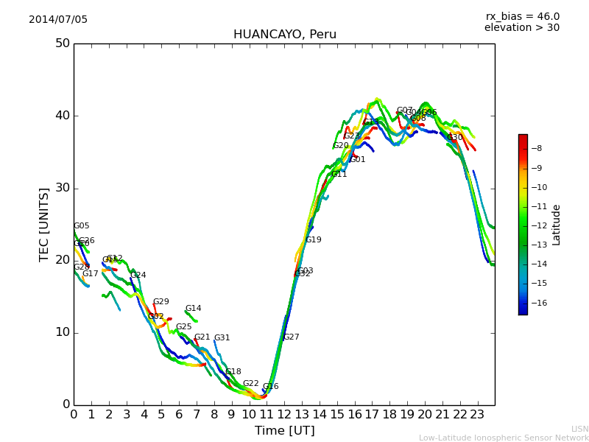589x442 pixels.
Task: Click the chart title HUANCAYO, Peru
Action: (x=284, y=35)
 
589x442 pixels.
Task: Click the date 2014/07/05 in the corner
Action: (x=58, y=20)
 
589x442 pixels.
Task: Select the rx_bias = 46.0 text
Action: (x=522, y=16)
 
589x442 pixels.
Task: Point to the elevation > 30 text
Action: (x=521, y=28)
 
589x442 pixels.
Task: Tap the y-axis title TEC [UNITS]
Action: (x=44, y=224)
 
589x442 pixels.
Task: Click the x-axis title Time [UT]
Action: (x=284, y=430)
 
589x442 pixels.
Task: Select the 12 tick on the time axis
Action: (x=284, y=414)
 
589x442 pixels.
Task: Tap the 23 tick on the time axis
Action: (x=477, y=414)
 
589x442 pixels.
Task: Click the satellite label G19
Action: (x=314, y=240)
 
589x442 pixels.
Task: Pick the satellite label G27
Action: (x=292, y=337)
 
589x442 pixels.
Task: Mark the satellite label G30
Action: (x=455, y=138)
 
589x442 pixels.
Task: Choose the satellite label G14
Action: (x=193, y=309)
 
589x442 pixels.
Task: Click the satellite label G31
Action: (x=222, y=338)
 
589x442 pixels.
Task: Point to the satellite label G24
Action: (x=138, y=276)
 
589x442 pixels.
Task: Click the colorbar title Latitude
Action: (x=557, y=225)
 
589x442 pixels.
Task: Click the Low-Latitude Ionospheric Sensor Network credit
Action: (x=504, y=438)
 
